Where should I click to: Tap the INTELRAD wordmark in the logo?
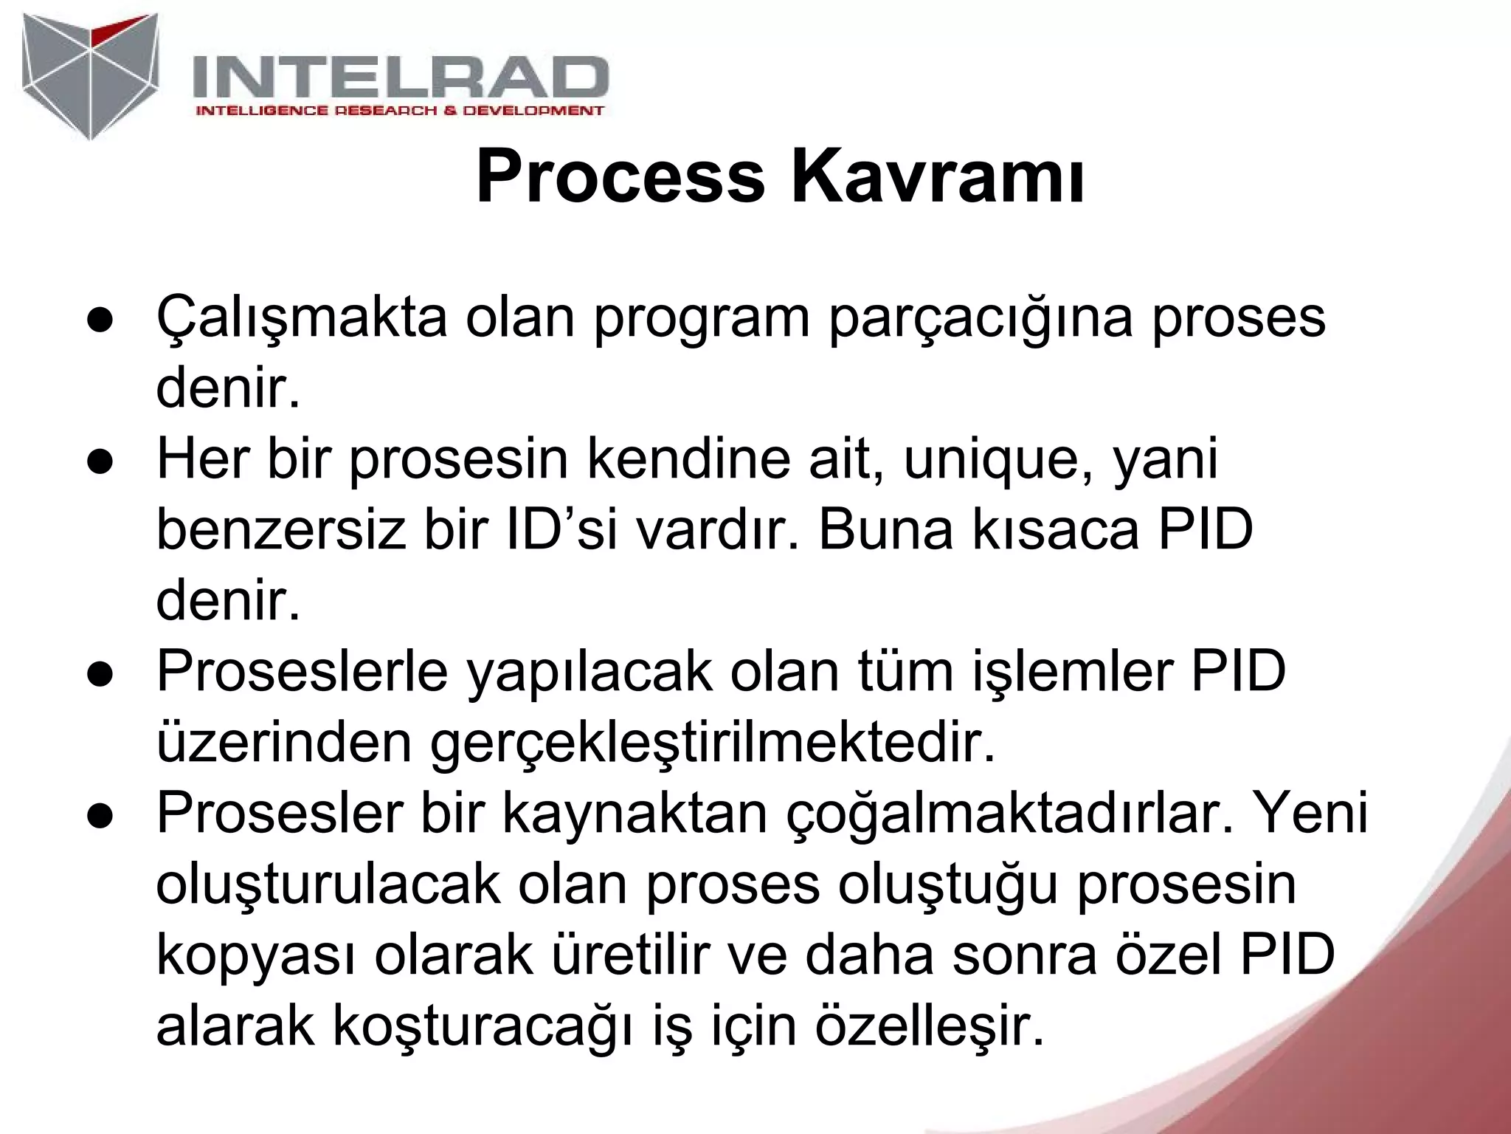pyautogui.click(x=401, y=78)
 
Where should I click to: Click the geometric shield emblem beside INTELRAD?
pyautogui.click(x=91, y=74)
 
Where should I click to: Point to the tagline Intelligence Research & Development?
pyautogui.click(x=399, y=111)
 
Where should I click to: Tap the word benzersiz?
pyautogui.click(x=281, y=531)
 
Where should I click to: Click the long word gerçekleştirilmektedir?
pyautogui.click(x=712, y=744)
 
